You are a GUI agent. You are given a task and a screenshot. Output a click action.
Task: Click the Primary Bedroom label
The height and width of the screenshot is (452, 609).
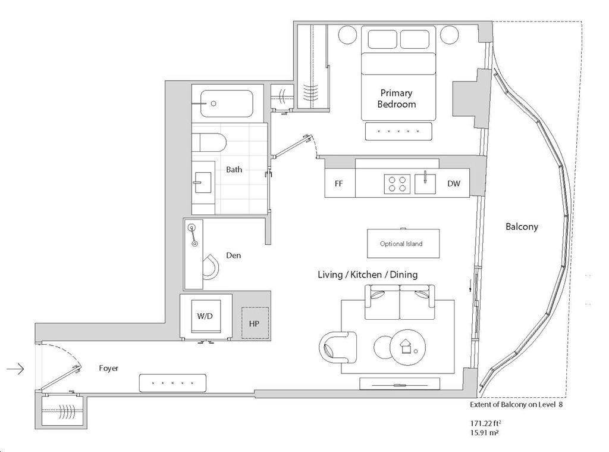pos(396,98)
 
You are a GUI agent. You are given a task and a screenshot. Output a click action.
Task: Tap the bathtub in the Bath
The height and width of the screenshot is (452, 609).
pos(227,104)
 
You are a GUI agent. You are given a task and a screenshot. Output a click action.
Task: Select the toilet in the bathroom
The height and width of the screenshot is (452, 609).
pos(209,142)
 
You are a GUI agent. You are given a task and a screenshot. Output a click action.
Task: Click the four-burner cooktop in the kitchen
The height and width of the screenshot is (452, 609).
pos(397,183)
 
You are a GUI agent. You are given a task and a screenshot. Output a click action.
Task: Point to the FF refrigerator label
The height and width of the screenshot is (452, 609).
pos(338,183)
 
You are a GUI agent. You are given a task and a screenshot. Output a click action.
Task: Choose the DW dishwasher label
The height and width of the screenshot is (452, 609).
pos(454,183)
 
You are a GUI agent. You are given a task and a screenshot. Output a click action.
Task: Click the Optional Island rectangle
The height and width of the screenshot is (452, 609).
pos(404,244)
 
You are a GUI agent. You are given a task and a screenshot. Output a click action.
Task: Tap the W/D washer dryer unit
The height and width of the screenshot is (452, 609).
pos(205,316)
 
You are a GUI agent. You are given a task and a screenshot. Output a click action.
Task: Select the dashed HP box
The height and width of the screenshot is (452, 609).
pos(255,323)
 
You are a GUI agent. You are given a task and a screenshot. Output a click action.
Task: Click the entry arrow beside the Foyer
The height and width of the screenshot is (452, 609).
pos(15,369)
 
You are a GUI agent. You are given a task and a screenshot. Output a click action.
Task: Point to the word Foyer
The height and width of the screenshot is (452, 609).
pos(108,368)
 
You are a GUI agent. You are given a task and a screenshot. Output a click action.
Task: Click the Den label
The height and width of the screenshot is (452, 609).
pos(233,255)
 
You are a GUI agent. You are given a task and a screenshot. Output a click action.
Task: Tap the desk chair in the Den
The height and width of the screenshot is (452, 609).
pos(211,267)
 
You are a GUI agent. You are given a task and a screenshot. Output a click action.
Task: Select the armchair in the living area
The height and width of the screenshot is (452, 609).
pos(338,347)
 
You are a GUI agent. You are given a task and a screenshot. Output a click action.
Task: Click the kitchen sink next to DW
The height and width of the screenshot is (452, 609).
pos(425,183)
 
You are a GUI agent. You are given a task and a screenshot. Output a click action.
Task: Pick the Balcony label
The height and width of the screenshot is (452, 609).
pos(522,226)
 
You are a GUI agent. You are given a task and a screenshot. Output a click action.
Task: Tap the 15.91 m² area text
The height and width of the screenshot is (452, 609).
pos(484,432)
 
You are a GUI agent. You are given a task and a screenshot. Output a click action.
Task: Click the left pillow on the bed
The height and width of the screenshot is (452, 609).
pos(382,39)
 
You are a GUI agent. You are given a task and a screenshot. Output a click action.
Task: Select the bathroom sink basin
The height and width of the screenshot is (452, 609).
pos(202,182)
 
